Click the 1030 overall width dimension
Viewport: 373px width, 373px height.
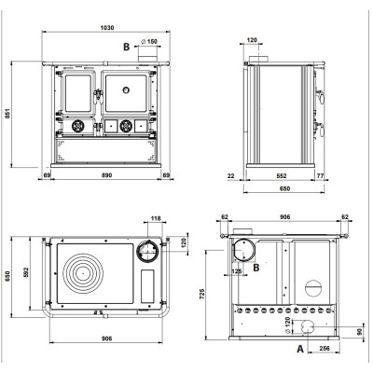[107, 28]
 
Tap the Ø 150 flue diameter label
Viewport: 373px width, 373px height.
[149, 41]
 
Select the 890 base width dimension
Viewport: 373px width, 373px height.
[106, 175]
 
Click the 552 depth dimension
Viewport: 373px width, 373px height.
[282, 176]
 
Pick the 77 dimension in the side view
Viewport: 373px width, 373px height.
[320, 176]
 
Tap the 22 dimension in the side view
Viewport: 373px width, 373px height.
[231, 176]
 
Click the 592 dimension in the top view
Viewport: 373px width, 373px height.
[26, 272]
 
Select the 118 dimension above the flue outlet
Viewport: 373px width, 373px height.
[156, 218]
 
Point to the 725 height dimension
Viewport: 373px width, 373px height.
[202, 294]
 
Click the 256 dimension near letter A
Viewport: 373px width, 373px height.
[325, 349]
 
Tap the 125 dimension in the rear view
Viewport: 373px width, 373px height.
[237, 271]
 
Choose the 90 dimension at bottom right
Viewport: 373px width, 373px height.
[360, 332]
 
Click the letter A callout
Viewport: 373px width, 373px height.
[300, 349]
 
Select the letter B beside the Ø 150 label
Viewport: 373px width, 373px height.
[126, 47]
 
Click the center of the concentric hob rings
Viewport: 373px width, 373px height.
[82, 273]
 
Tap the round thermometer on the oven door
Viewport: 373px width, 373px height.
[126, 90]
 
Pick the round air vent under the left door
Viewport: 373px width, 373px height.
[77, 126]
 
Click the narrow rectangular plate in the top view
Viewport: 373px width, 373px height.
[147, 286]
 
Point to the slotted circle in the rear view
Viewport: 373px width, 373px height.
[313, 288]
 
